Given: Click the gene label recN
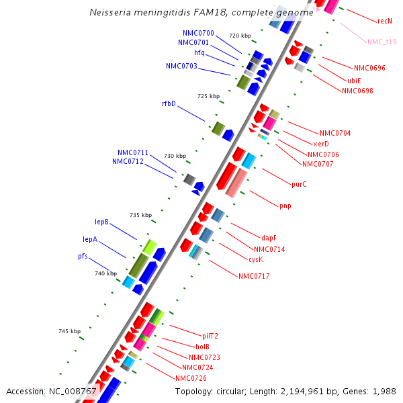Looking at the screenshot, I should click(x=385, y=21).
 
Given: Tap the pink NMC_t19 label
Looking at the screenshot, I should click(x=382, y=42).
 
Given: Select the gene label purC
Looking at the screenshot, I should click(x=299, y=184).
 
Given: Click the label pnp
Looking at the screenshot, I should click(x=285, y=206).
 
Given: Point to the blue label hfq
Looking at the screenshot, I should click(x=199, y=52).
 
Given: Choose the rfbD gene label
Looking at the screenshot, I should click(x=169, y=104).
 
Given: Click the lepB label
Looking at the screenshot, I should click(x=101, y=222).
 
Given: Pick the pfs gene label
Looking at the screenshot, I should click(x=83, y=257).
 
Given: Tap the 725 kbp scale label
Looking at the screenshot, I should click(x=208, y=97).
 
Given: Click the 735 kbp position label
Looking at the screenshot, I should click(x=141, y=216).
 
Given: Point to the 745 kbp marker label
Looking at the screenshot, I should click(x=69, y=331).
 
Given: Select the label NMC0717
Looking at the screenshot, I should click(x=253, y=276).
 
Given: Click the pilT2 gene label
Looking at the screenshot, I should click(x=210, y=336).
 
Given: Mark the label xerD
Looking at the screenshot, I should click(x=321, y=144).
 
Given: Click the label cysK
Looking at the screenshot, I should click(x=255, y=259).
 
